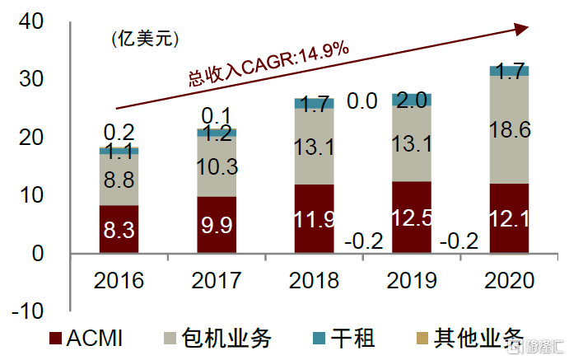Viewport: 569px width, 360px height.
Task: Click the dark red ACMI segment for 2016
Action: [119, 229]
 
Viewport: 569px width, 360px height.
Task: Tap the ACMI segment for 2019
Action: [411, 217]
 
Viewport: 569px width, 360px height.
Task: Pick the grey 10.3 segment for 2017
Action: [217, 166]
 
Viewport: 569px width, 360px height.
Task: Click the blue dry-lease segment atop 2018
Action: [314, 103]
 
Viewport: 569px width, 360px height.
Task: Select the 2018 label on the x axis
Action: [314, 280]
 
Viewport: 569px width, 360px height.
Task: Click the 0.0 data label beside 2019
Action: [361, 101]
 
